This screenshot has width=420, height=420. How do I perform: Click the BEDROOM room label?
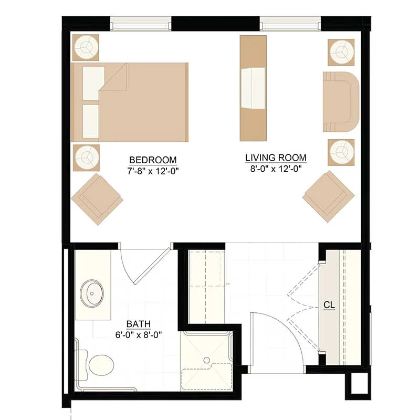[153, 160]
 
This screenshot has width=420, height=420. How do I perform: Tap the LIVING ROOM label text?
[276, 158]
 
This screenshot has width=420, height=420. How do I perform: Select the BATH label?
[139, 324]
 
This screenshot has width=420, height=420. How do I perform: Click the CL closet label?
[329, 305]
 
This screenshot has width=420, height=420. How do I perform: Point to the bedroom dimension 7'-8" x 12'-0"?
[153, 171]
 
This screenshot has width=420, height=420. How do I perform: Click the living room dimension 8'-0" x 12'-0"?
[276, 169]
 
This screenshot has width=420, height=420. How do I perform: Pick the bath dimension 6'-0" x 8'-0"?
[139, 335]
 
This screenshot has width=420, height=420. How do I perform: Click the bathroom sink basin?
[92, 293]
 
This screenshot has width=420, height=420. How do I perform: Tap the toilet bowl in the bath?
[101, 365]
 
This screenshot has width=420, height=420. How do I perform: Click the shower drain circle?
[206, 360]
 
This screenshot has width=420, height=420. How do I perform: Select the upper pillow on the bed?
[93, 83]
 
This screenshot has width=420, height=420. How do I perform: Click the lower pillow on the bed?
[91, 121]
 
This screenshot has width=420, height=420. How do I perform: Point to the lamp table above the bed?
[86, 47]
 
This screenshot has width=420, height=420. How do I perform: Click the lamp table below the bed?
[86, 158]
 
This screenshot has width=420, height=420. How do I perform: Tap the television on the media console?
[253, 88]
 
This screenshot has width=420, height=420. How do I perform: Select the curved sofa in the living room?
[341, 102]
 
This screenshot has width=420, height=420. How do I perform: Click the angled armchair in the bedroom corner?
[97, 199]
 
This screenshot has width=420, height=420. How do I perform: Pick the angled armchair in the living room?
[329, 196]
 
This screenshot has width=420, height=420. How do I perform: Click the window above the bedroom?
[141, 23]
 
